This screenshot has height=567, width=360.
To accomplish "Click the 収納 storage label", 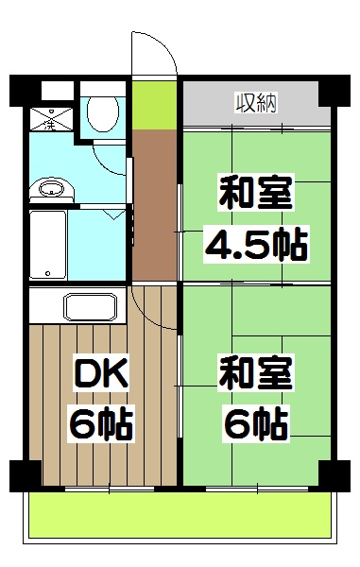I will [x=254, y=101].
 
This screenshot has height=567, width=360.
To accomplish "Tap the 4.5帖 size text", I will [x=255, y=247].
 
